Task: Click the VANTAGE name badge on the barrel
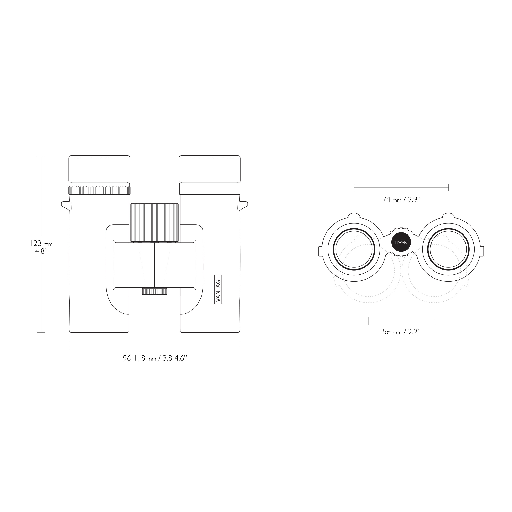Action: [x=218, y=289]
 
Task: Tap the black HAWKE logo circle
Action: [x=401, y=242]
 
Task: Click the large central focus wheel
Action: [x=154, y=223]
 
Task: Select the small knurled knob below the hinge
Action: [x=154, y=291]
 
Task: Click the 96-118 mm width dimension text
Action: [x=155, y=358]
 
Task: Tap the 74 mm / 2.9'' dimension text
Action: [x=401, y=199]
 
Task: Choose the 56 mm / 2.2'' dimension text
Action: [x=401, y=332]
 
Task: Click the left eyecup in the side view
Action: [x=99, y=169]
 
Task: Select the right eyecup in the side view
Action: [x=210, y=169]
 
